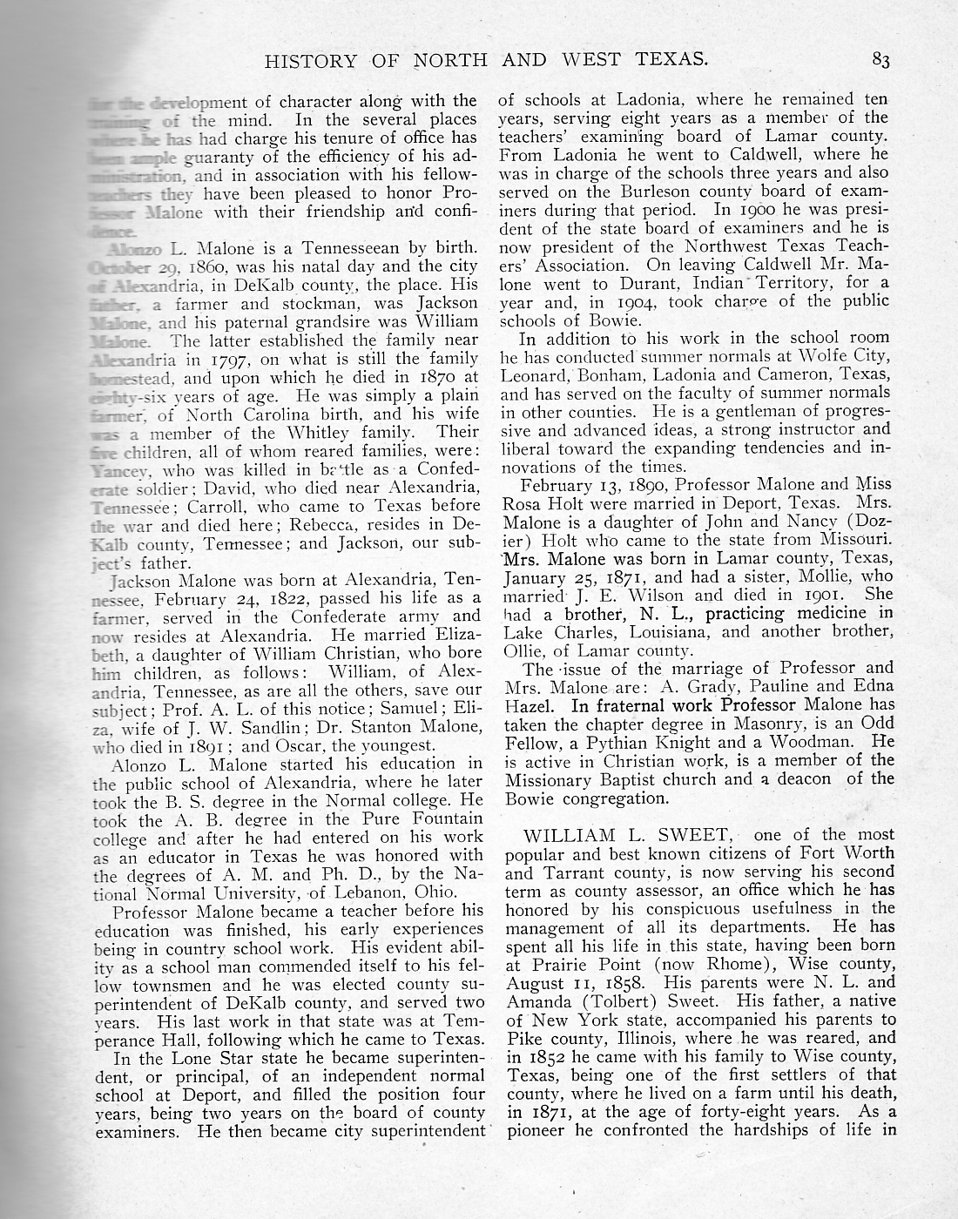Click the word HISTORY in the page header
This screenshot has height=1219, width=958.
pyautogui.click(x=310, y=61)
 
